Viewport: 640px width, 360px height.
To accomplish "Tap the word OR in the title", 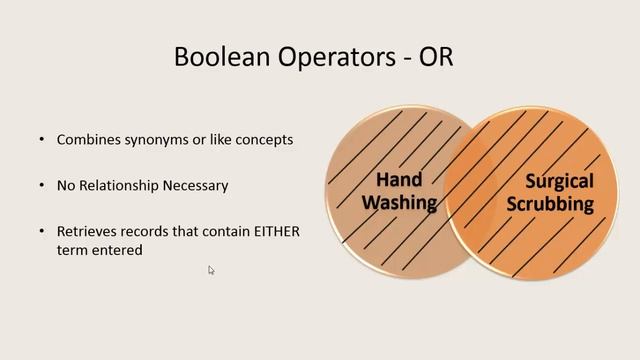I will [437, 56].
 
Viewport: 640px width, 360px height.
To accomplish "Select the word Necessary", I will [198, 185].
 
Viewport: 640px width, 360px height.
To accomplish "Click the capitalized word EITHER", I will [275, 231].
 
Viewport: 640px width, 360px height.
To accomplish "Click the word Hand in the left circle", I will [399, 180].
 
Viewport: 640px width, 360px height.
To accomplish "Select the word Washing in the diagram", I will [399, 203].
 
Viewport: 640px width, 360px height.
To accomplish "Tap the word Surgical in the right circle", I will [559, 181].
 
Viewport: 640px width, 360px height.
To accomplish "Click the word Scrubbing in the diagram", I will [558, 204].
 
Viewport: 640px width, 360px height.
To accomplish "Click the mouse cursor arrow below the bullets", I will [211, 270].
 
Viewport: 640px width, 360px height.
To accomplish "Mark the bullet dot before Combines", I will [41, 139].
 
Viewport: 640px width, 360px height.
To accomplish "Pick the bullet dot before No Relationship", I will [41, 185].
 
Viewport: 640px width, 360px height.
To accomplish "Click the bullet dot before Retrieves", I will [41, 231].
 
